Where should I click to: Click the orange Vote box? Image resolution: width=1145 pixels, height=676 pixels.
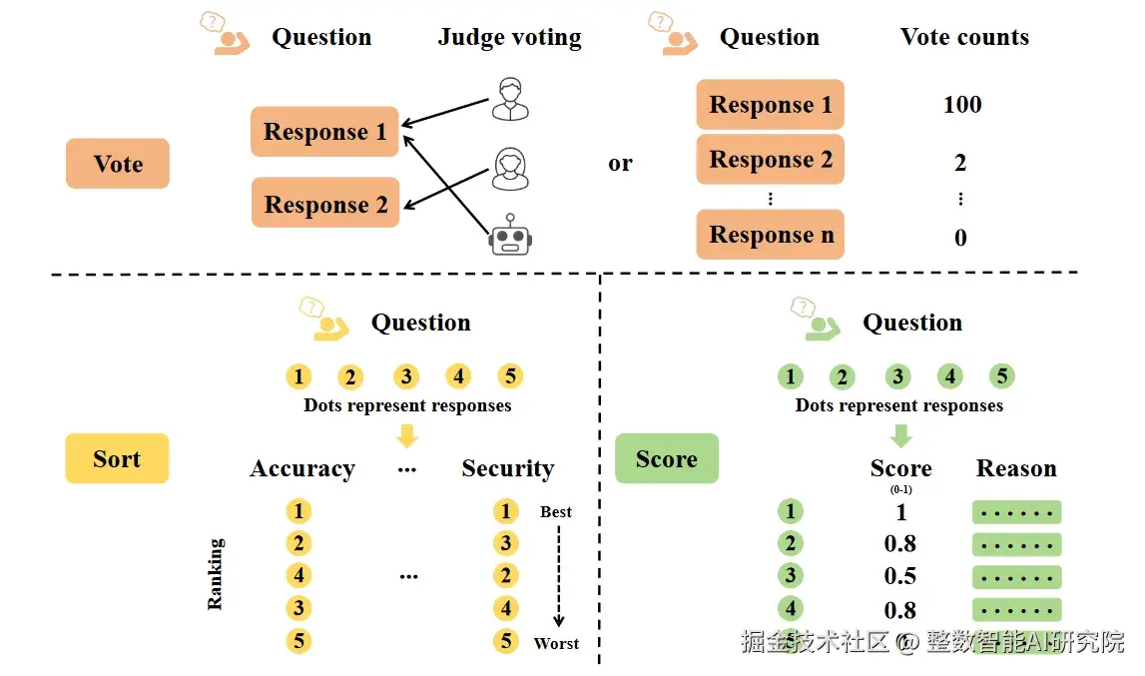(118, 163)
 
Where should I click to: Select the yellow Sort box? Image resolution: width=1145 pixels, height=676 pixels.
(117, 458)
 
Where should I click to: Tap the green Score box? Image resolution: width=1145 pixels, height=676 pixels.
(667, 458)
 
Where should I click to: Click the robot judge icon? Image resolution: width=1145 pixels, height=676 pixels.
(510, 236)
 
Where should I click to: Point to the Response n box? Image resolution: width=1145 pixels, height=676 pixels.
(771, 234)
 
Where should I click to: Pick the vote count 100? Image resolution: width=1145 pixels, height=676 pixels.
(962, 105)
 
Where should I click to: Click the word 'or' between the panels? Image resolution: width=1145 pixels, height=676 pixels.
(620, 163)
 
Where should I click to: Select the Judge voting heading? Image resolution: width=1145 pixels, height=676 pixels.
(510, 37)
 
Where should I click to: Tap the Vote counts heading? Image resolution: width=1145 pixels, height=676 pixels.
(964, 37)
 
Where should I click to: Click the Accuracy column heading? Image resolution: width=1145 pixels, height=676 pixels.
(302, 467)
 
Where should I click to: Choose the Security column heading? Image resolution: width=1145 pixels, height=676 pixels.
(507, 467)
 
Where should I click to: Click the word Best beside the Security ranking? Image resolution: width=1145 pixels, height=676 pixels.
(556, 511)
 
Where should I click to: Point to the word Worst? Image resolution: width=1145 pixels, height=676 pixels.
(556, 643)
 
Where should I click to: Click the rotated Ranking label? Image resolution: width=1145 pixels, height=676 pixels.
(215, 574)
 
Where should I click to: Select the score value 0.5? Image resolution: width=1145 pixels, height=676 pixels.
(899, 576)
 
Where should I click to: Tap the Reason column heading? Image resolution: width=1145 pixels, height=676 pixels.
(1016, 467)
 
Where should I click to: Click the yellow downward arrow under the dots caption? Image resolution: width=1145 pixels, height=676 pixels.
(406, 436)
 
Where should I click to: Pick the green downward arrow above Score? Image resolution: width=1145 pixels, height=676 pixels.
(900, 436)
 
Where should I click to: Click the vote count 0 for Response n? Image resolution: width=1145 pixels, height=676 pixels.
(960, 237)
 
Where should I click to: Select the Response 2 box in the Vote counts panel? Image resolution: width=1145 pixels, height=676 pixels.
(771, 160)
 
